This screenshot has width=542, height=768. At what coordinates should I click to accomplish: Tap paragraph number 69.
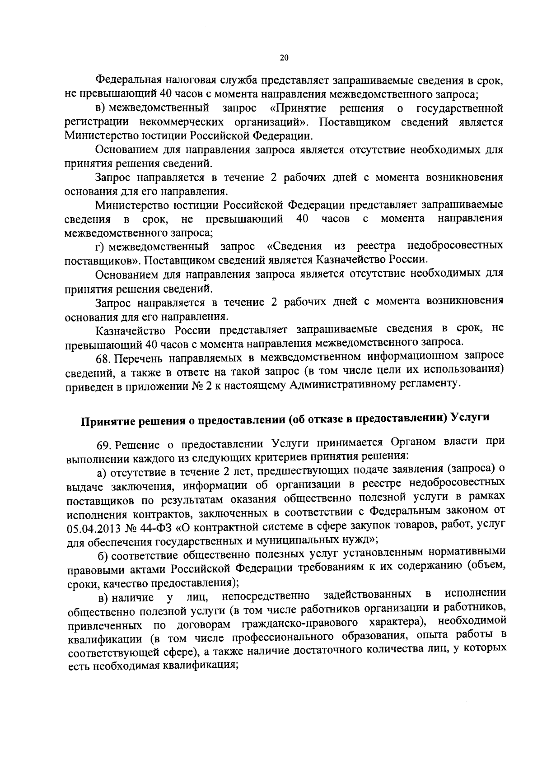point(104,446)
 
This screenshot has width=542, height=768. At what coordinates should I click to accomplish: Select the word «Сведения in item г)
point(294,247)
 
